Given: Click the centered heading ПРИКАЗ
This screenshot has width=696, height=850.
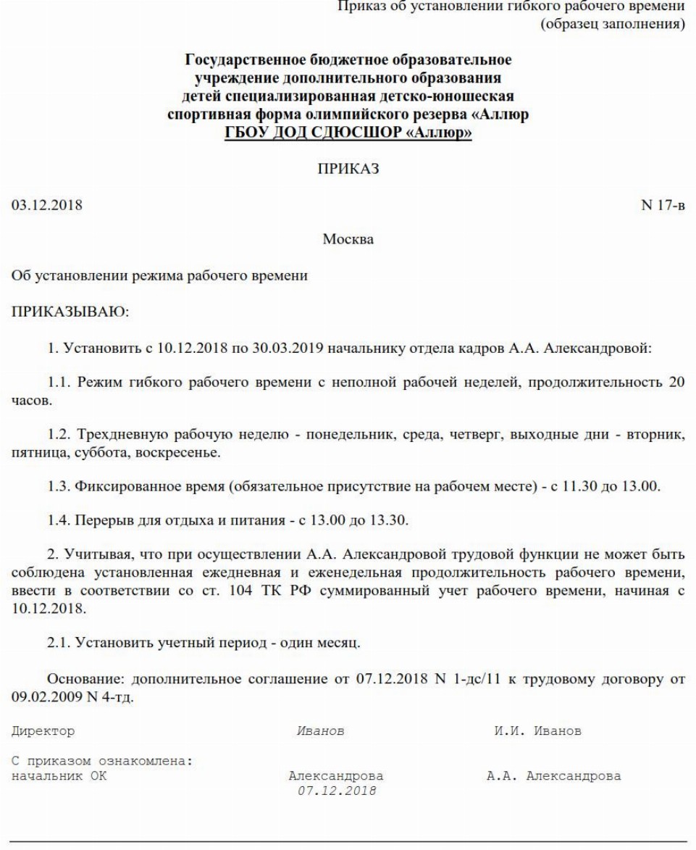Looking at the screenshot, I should tap(348, 169).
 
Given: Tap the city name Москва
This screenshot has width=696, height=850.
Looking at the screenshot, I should tap(348, 240).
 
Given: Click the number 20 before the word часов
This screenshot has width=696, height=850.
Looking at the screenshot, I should tap(676, 382).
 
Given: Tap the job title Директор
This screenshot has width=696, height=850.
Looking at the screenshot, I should tap(43, 731).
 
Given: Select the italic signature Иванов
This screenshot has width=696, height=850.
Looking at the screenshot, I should tap(321, 731).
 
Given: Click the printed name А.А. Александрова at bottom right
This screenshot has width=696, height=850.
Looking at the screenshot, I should tap(553, 775).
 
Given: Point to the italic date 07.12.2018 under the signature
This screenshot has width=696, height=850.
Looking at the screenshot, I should tap(337, 791).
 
